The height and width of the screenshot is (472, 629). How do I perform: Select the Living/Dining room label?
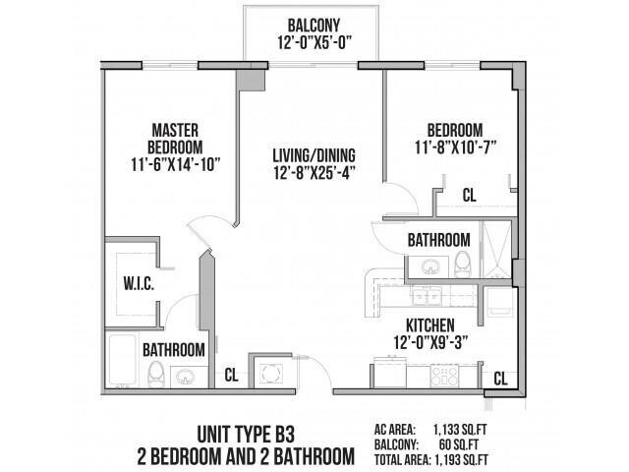(x=314, y=155)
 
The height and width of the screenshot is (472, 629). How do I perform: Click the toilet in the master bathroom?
(x=154, y=373)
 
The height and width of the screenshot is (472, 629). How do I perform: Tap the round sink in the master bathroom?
(x=184, y=375)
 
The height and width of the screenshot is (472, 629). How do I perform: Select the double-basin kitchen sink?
(x=426, y=295)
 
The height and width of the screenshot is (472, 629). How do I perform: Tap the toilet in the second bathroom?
(x=462, y=263)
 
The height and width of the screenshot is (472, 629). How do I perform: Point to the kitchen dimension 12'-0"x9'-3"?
(x=430, y=341)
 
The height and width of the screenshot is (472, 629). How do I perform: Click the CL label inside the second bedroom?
(x=469, y=196)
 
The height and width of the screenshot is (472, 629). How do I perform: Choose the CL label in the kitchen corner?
(x=499, y=378)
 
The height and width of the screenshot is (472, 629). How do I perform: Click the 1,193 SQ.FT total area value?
(x=468, y=458)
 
